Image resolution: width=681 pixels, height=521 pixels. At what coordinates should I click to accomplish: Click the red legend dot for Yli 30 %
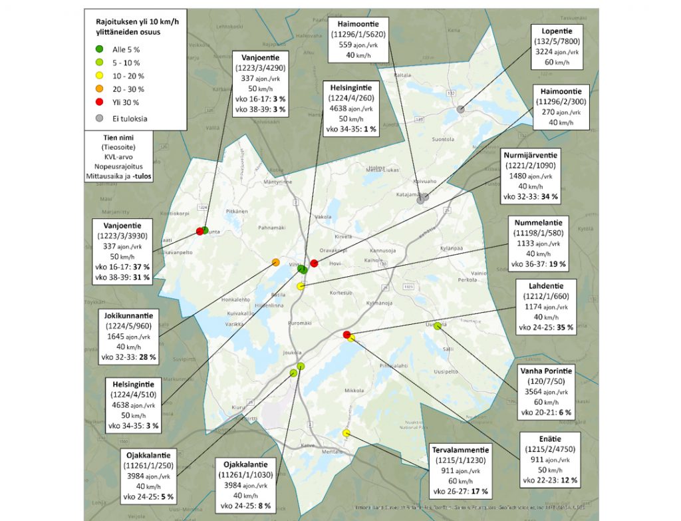[98, 102]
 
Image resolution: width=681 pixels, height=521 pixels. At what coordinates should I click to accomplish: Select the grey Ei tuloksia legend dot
[98, 119]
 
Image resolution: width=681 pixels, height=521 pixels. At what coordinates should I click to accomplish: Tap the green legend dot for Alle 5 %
[98, 49]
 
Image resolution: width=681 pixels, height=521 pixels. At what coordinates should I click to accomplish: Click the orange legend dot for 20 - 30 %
[98, 89]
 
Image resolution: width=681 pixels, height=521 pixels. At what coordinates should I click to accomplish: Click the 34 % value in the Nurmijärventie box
[550, 197]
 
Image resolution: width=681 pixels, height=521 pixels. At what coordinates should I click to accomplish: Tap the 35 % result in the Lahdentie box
[564, 327]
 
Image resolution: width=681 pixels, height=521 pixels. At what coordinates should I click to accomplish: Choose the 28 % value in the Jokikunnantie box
[147, 357]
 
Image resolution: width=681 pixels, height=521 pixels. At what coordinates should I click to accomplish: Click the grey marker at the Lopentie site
[460, 108]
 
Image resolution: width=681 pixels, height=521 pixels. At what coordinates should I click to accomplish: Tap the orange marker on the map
[275, 262]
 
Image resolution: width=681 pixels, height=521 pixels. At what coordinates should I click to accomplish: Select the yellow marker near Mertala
[346, 433]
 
